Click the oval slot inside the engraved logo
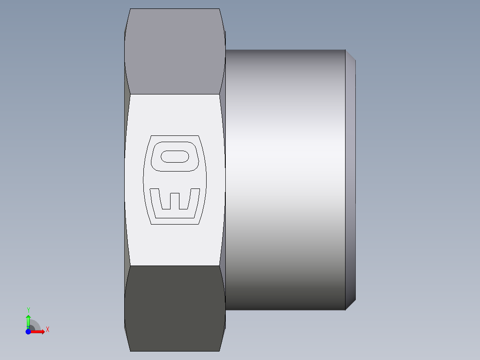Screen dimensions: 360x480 [175, 157]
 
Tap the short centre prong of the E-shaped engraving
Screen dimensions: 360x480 [175, 200]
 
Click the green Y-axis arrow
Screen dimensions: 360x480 [28, 320]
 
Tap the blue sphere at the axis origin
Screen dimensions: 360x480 [28, 331]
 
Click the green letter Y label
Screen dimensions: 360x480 [28, 310]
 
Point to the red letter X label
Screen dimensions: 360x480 [47, 330]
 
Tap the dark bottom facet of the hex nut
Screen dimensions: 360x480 [175, 307]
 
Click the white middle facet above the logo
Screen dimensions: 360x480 [175, 114]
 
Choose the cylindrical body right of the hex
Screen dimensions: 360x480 [285, 178]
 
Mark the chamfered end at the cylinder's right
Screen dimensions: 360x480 [350, 178]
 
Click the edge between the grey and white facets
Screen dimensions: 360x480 [175, 94]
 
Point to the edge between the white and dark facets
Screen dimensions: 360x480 [175, 266]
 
